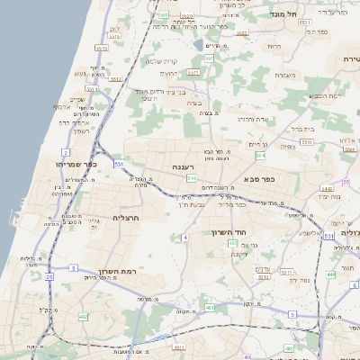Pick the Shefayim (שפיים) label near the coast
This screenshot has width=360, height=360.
[76, 100]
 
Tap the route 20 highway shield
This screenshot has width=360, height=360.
[49, 277]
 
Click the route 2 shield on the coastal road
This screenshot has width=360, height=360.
[65, 154]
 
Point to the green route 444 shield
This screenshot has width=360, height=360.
[330, 273]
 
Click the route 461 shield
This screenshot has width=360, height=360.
[210, 308]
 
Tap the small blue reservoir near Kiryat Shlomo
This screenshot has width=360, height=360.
[198, 43]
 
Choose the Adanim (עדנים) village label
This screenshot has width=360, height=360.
[264, 269]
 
